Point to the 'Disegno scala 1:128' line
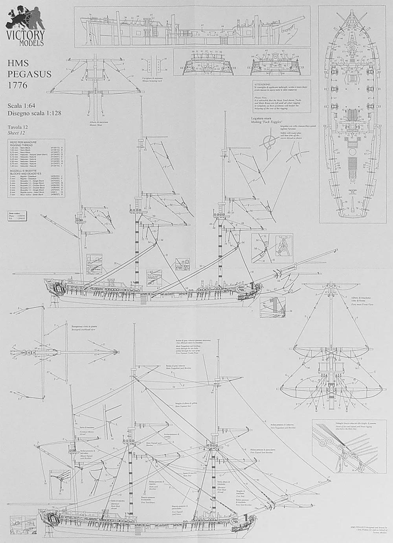[34, 113]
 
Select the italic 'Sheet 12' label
[17, 133]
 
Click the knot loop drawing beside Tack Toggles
[269, 142]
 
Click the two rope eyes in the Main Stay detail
[326, 441]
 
